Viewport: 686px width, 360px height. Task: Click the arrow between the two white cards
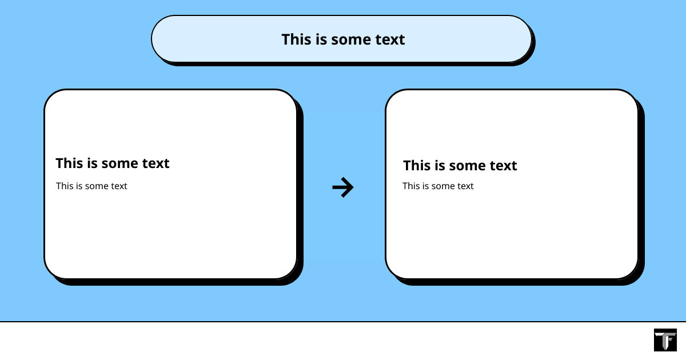pyautogui.click(x=342, y=187)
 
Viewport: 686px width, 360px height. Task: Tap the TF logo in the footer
pyautogui.click(x=665, y=340)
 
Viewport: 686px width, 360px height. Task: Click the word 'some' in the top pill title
pyautogui.click(x=351, y=40)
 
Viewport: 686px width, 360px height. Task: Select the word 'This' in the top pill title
pyautogui.click(x=294, y=39)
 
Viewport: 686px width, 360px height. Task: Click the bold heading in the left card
pyautogui.click(x=113, y=163)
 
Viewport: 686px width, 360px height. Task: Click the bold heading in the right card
pyautogui.click(x=460, y=165)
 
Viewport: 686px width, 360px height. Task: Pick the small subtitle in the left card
pyautogui.click(x=91, y=186)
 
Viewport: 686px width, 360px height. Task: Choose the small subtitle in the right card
pyautogui.click(x=438, y=186)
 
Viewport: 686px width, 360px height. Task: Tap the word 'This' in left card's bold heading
pyautogui.click(x=68, y=163)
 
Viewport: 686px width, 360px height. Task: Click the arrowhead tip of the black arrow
pyautogui.click(x=353, y=187)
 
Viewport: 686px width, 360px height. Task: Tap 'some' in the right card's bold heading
pyautogui.click(x=468, y=166)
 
